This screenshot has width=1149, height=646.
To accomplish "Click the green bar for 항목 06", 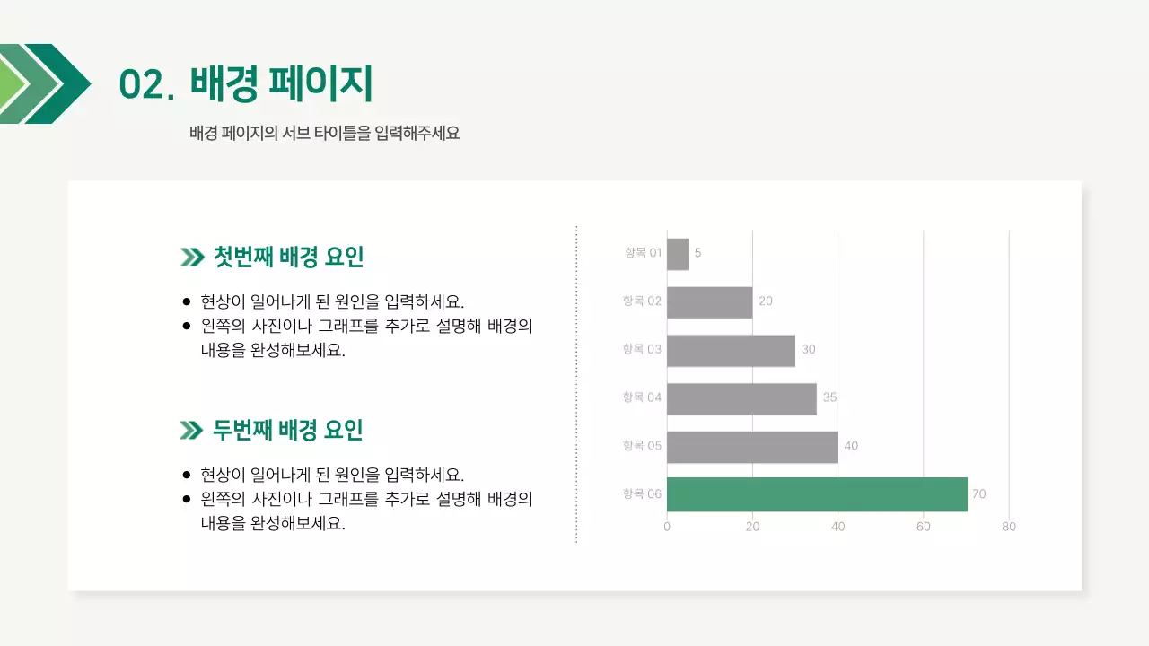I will (817, 494).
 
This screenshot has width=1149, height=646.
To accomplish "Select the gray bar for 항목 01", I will (678, 254).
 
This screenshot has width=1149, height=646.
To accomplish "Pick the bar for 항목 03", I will (731, 350).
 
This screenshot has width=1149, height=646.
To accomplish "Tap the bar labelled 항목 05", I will (752, 447).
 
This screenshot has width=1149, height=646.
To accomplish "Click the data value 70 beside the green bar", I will (978, 494).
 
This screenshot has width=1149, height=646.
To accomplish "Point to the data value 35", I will (829, 397).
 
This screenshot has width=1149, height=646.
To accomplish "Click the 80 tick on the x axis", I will (1009, 527).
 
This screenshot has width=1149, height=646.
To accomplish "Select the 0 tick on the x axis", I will (667, 527).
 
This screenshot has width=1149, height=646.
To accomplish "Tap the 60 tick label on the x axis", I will (924, 527).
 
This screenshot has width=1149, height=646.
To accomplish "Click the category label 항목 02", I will (642, 301).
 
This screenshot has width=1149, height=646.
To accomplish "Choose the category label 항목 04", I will (642, 397).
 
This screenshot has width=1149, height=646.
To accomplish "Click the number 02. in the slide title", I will (146, 85).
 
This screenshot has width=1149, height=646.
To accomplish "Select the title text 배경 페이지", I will (281, 83).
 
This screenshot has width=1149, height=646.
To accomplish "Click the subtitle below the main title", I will (325, 134).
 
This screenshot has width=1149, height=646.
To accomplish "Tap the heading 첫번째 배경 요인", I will (288, 258).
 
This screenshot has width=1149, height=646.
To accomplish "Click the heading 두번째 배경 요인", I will (288, 431).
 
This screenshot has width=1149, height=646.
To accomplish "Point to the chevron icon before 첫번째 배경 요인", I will (191, 258).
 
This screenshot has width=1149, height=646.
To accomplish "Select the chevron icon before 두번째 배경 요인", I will (191, 432).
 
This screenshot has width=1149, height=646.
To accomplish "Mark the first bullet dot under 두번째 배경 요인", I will (187, 475).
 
